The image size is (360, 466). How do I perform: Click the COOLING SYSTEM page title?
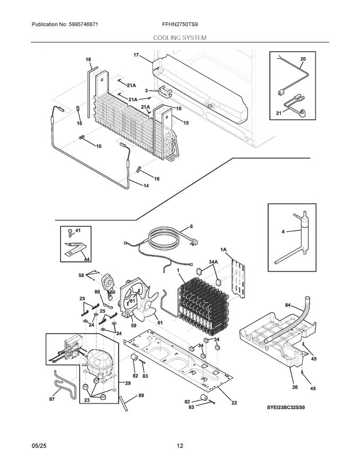click(179, 38)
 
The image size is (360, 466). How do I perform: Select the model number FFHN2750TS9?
click(180, 25)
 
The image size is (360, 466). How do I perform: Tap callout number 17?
click(136, 55)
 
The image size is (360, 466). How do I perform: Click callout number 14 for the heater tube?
click(146, 185)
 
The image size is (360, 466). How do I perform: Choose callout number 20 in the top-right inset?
click(303, 59)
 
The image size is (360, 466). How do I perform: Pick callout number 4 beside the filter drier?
click(283, 231)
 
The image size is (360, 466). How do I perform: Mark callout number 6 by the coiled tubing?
click(191, 226)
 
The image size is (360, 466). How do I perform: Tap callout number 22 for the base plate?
click(234, 402)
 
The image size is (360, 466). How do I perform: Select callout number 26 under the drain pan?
click(294, 387)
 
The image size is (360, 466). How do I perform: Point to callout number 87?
click(52, 399)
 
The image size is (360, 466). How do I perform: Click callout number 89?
click(141, 395)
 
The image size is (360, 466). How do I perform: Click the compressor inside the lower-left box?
click(100, 362)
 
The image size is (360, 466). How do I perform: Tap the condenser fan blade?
click(150, 309)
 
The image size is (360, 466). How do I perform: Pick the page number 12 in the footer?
click(180, 446)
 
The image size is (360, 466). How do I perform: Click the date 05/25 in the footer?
click(38, 446)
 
